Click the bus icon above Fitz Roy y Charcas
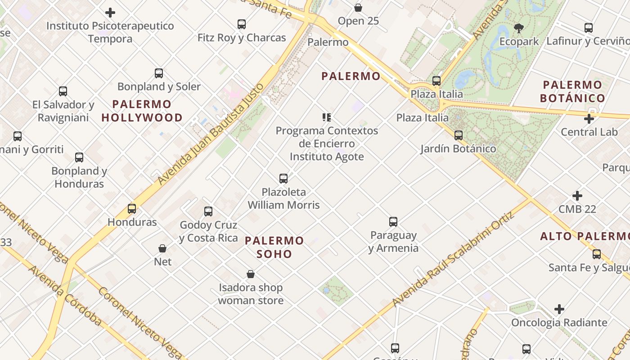coord(242,24)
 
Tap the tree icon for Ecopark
coord(519,28)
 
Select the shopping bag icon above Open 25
coord(358,8)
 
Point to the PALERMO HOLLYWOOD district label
coord(142,111)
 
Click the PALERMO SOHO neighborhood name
coord(274,247)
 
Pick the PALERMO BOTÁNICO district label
coord(572,91)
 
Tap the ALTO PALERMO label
coord(585,236)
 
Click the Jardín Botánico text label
coord(458,148)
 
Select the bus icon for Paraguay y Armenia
coord(393,222)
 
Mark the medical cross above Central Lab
coord(589,119)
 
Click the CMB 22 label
coord(577,209)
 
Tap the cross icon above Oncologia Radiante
coord(559,309)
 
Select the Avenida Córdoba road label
coord(65,295)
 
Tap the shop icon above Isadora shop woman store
coord(251,274)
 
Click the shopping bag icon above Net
coord(162,248)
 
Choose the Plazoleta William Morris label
coord(283,198)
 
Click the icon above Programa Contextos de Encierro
coord(327,117)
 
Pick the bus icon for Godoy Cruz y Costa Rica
coord(208,211)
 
